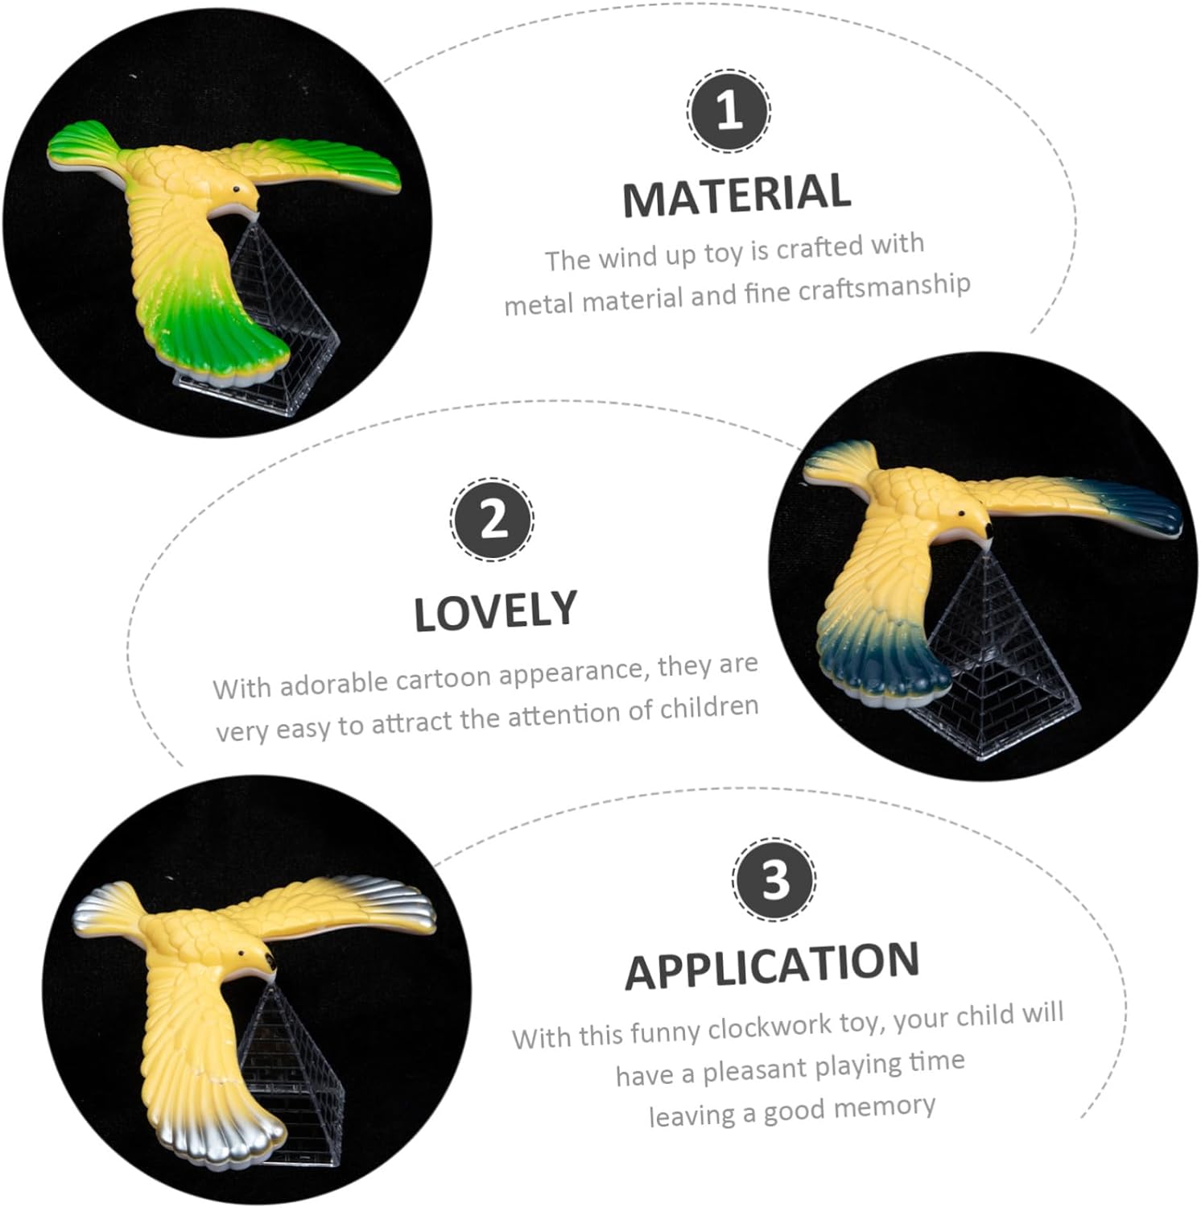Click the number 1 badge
coord(728,111)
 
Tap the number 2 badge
coord(492,519)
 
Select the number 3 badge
coord(774,879)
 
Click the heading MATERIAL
coord(737,195)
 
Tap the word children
coord(709,708)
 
